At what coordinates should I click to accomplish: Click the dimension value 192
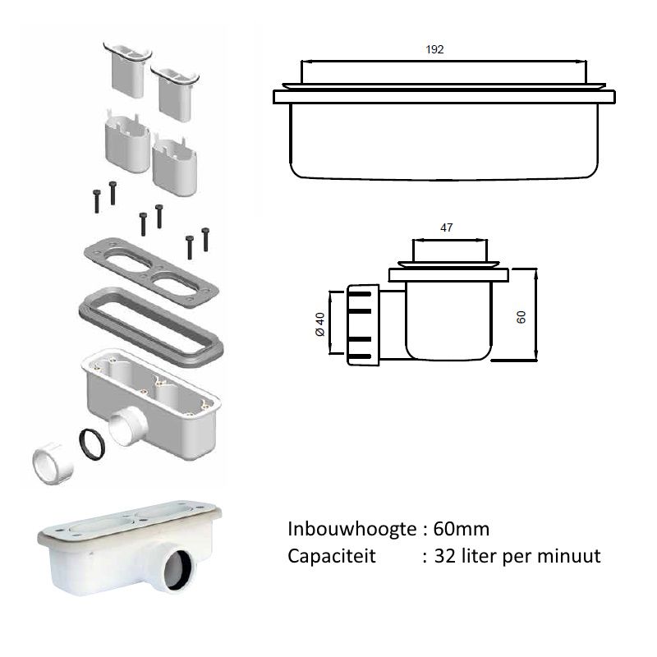pyautogui.click(x=434, y=49)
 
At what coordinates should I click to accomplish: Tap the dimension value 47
pyautogui.click(x=446, y=227)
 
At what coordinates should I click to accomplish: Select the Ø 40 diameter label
pyautogui.click(x=319, y=324)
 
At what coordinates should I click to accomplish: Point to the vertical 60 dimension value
pyautogui.click(x=521, y=317)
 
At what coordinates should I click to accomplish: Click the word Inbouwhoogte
pyautogui.click(x=352, y=529)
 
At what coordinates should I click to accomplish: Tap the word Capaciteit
pyautogui.click(x=332, y=556)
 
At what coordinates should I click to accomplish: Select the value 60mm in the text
pyautogui.click(x=462, y=529)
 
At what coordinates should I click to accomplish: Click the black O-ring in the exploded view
pyautogui.click(x=92, y=444)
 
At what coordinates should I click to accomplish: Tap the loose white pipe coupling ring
pyautogui.click(x=53, y=463)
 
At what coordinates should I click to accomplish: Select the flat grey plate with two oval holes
pyautogui.click(x=151, y=273)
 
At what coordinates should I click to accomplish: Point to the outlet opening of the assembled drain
pyautogui.click(x=178, y=569)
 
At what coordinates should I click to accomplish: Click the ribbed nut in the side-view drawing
pyautogui.click(x=363, y=324)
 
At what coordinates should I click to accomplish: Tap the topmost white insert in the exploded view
pyautogui.click(x=128, y=68)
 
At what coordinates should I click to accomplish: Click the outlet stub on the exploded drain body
pyautogui.click(x=128, y=426)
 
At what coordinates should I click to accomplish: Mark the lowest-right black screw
pyautogui.click(x=205, y=240)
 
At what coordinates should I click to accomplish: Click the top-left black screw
pyautogui.click(x=97, y=201)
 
